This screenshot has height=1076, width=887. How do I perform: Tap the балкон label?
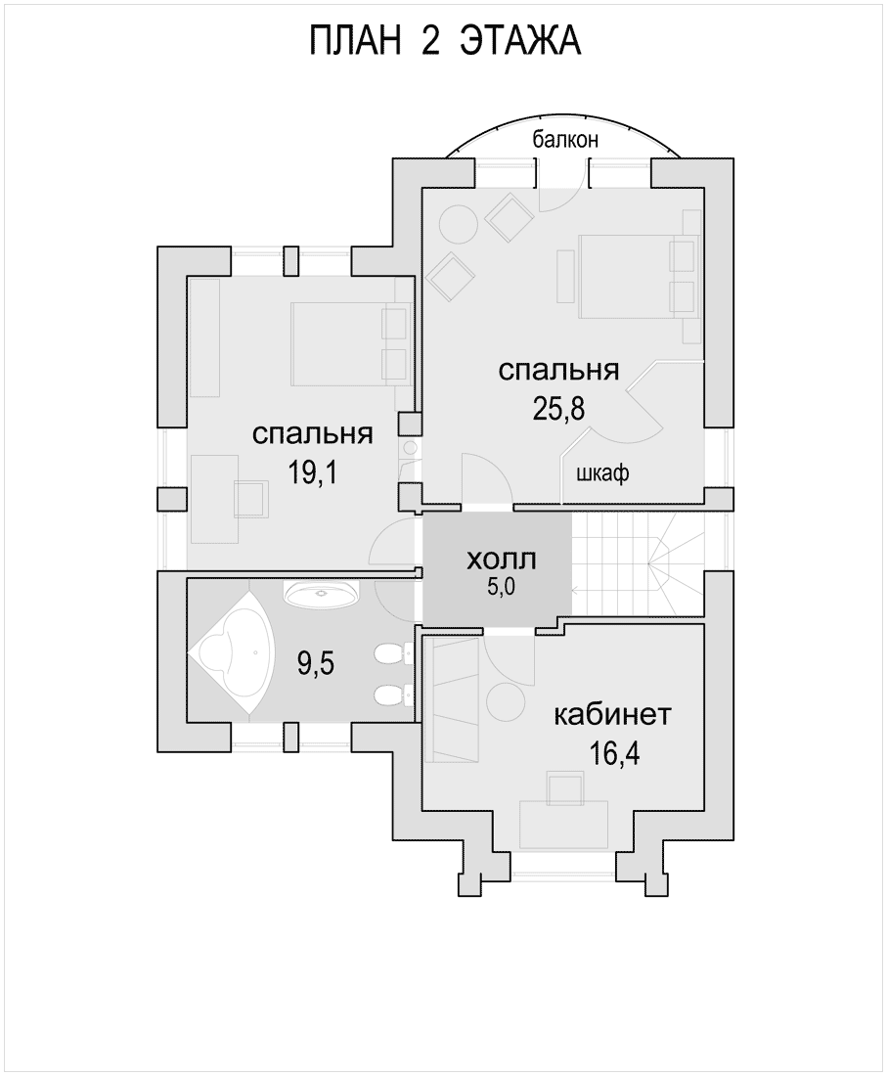click(566, 139)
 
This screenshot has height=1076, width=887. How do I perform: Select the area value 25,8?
click(558, 409)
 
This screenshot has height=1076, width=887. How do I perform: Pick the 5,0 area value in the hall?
click(501, 588)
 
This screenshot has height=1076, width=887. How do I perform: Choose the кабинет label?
click(611, 715)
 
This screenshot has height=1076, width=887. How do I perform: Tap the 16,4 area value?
click(614, 754)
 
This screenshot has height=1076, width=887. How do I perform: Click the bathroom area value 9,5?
click(316, 663)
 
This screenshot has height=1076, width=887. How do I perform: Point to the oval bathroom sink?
click(321, 593)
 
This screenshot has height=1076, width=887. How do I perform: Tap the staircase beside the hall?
click(638, 565)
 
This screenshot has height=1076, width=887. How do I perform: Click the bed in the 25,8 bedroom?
click(630, 277)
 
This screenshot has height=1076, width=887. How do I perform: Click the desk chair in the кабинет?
click(566, 788)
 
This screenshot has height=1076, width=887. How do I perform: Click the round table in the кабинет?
click(505, 700)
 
